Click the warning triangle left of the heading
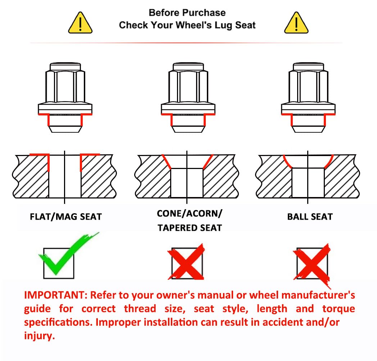(80, 23)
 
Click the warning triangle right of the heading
(296, 23)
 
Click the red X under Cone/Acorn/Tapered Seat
(186, 262)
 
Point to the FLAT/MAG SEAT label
(66, 217)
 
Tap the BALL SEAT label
(310, 217)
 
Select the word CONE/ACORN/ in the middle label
(190, 214)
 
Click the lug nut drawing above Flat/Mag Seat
(65, 97)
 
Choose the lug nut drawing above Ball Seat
(308, 97)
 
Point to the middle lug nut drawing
(188, 97)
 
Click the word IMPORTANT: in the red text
(56, 295)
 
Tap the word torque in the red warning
(339, 309)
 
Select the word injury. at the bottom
(40, 336)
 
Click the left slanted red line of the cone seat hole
(167, 161)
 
